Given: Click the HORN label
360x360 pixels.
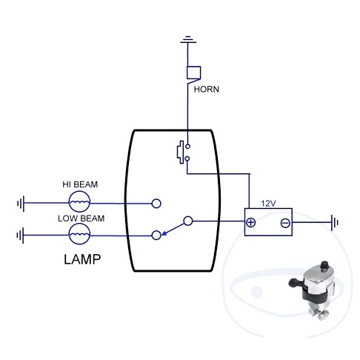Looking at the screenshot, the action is click(206, 89).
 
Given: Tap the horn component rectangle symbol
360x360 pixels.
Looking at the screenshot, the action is click(193, 73).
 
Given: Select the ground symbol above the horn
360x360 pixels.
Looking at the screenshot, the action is click(188, 40).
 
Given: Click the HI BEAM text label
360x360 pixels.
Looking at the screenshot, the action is click(80, 184).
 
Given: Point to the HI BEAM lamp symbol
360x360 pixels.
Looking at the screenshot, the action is click(79, 201).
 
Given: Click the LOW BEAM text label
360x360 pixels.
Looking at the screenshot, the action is click(81, 219).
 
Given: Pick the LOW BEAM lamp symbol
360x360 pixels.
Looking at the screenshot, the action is click(79, 234).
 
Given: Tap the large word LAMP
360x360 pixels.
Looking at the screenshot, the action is click(82, 259).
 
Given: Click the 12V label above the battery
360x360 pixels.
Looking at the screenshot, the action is click(268, 204).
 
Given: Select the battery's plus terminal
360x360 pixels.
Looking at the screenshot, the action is click(250, 222).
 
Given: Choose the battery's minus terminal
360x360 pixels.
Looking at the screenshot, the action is click(285, 223).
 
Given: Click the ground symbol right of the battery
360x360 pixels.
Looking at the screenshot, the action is click(335, 223).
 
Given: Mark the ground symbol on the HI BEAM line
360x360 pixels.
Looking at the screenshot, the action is click(21, 204).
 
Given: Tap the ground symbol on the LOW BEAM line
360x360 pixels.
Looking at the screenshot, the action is click(21, 236).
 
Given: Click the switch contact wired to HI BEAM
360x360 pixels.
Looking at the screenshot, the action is click(156, 204).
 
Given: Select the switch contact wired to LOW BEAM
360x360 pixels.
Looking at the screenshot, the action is click(156, 236).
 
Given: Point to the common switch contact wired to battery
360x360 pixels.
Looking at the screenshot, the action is click(188, 221).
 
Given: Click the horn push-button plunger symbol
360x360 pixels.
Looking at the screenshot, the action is click(181, 152).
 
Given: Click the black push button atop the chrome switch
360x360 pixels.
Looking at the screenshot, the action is click(324, 264).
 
